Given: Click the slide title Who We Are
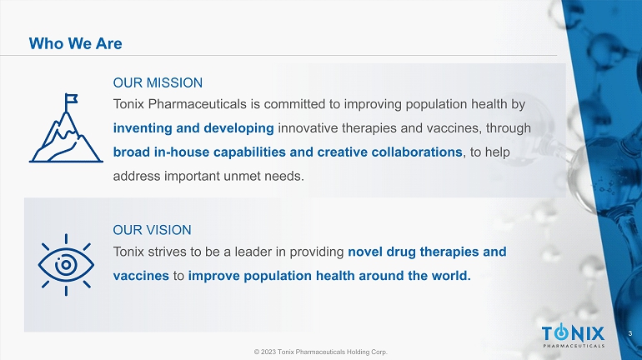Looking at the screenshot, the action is pos(75,43).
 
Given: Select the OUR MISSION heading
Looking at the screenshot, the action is pos(158,82).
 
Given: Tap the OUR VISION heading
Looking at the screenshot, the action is pos(152,230).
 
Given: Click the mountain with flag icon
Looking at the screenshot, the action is pos(66,128).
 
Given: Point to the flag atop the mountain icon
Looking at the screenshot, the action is pos(71,98).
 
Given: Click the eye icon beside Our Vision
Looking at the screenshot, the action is pos(66,265).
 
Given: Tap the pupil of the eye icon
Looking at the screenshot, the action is pos(66,265).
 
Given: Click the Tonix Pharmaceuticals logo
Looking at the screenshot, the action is pos(574,336).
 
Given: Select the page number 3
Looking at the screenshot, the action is pos(630,333).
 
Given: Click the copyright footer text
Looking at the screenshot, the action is pos(321,352).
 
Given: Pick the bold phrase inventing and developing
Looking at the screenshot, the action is pos(193,128).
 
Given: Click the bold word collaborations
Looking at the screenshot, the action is pos(417,152).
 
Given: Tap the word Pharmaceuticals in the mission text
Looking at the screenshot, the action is pos(198,104).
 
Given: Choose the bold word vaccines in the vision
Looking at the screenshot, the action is pos(141,276).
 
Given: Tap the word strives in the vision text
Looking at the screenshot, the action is pos(166,252).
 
